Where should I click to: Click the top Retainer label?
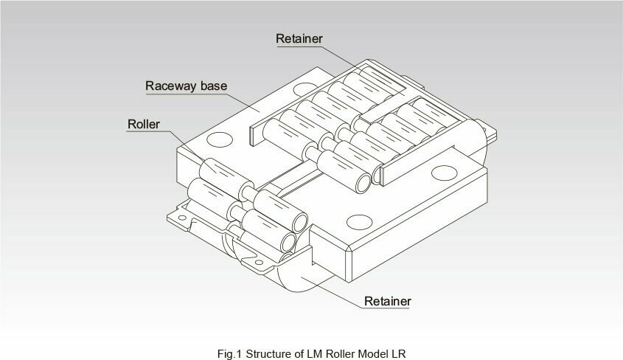point(299,38)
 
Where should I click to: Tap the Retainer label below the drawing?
point(387,301)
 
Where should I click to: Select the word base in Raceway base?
point(214,86)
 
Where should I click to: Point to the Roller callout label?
point(144,125)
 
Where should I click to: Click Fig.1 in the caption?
point(229,353)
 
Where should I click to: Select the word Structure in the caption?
point(270,353)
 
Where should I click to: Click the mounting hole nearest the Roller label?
point(220,139)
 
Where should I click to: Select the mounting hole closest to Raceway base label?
point(305,89)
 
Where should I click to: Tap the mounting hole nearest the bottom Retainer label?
point(359,222)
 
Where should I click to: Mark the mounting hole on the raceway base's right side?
point(444,173)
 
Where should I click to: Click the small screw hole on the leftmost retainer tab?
point(182,218)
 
